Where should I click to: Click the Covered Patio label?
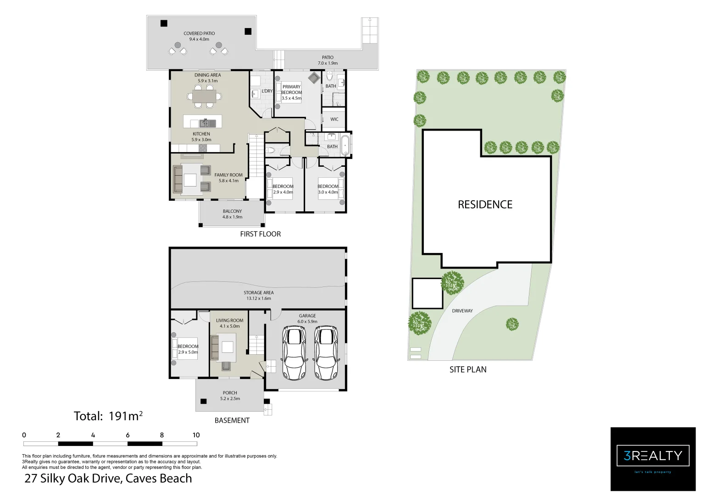199,33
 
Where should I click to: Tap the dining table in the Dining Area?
204,96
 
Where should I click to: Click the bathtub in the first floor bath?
345,145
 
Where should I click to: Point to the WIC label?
334,119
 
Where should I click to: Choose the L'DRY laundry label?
267,91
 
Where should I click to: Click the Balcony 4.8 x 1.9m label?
232,214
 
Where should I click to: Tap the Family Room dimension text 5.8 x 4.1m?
229,181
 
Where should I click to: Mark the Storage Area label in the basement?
258,293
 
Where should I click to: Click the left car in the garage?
294,353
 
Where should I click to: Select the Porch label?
230,393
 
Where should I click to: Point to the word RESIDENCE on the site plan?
485,204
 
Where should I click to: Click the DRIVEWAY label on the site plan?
462,311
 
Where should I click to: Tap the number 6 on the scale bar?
128,435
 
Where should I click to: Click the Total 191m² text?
108,416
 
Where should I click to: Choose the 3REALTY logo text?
653,456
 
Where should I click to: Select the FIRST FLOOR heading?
261,234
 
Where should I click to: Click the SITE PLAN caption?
468,369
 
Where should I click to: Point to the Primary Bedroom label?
291,89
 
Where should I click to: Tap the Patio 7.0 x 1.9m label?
328,60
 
